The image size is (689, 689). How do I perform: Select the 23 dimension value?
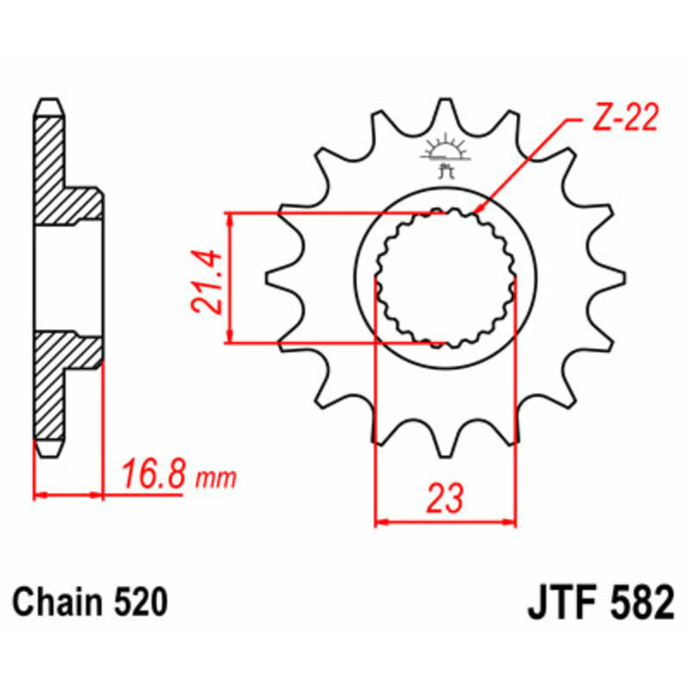[x=445, y=498]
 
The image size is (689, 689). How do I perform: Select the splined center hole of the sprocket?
[x=445, y=277]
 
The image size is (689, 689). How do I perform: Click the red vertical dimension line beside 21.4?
[x=230, y=277]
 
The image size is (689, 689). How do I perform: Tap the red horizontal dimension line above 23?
[x=445, y=521]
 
